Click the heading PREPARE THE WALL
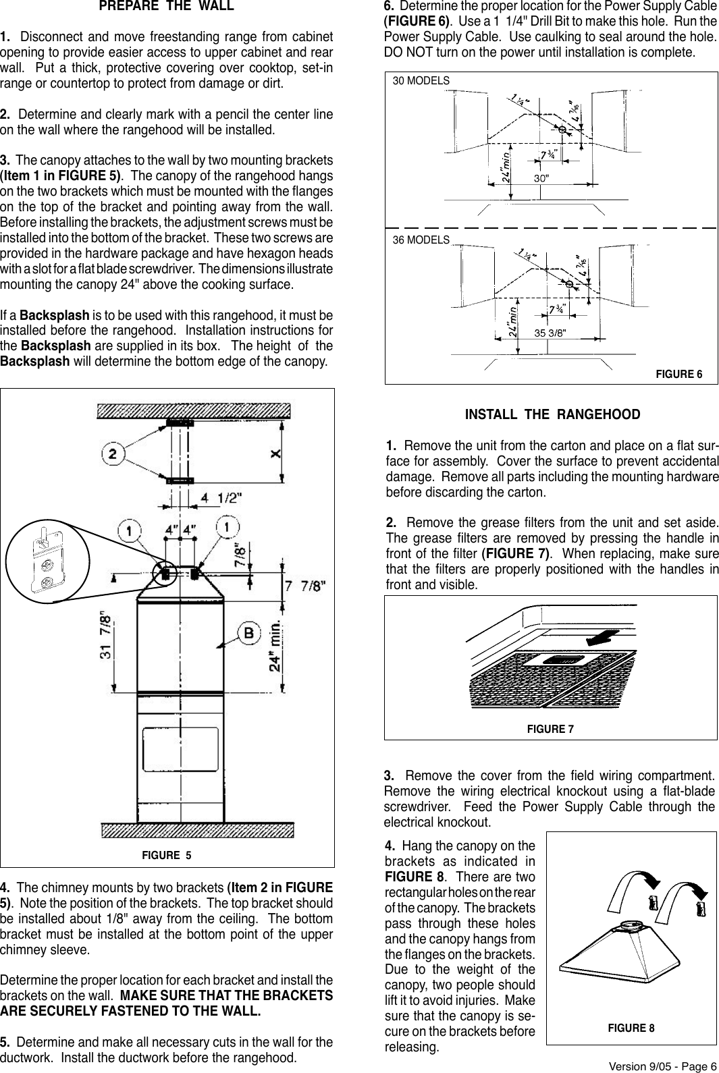pos(166,7)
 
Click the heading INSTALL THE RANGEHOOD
pos(552,414)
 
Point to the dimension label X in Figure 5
pos(275,453)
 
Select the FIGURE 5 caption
pos(167,855)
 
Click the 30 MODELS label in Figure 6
pos(421,80)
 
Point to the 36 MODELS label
pos(421,240)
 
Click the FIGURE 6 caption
pos(679,374)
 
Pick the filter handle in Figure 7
pos(559,659)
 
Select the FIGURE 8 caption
pos(631,1028)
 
